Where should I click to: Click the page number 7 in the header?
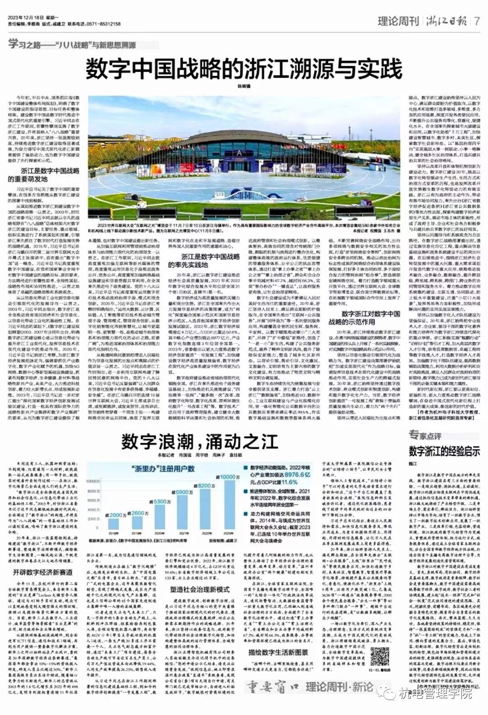click(477, 21)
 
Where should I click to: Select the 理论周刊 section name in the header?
click(398, 21)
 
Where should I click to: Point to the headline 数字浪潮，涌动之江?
click(199, 441)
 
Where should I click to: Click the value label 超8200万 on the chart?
click(206, 486)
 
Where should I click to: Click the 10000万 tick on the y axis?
click(93, 481)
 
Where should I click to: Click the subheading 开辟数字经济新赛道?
click(42, 572)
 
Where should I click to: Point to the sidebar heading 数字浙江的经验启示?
click(444, 450)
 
